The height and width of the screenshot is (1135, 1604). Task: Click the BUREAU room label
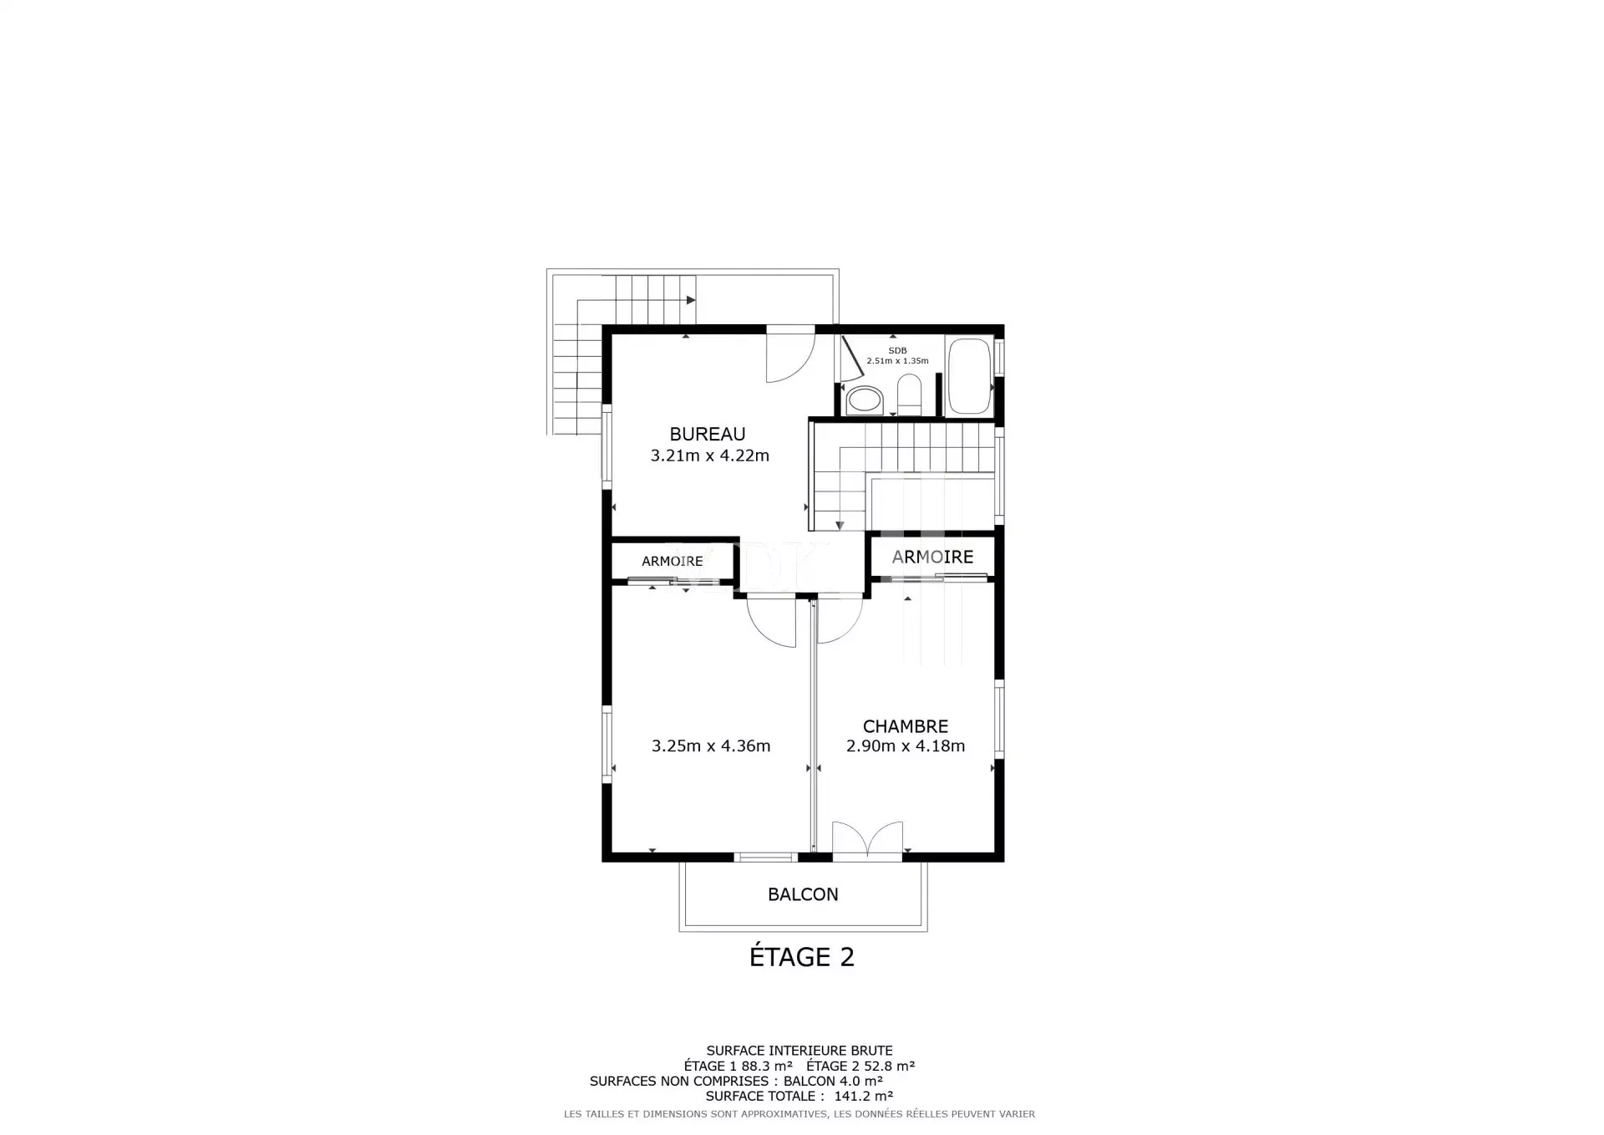coord(708,434)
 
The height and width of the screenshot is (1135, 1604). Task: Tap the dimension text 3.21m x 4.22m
coord(710,456)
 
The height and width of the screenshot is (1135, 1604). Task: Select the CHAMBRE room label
coord(906,726)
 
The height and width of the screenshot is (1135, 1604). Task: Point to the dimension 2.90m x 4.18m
coord(906,746)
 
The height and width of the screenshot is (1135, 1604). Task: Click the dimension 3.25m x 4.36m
coord(711,746)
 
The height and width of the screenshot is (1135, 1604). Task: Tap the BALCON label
coord(803,894)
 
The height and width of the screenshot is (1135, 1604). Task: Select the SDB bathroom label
coord(897,350)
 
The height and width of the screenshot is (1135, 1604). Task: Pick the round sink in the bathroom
coord(864,400)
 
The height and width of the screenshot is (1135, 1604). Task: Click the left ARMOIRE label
coord(673,562)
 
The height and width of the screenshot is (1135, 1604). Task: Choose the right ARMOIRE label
coord(932,557)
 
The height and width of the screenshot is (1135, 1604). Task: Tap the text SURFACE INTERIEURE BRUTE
coord(799,1051)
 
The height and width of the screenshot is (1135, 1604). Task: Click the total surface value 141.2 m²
coord(864,1096)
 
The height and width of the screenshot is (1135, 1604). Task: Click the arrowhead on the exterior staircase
coord(691,300)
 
